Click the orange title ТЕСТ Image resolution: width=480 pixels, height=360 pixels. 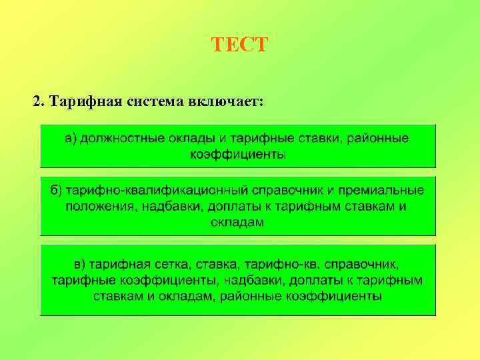coord(239,45)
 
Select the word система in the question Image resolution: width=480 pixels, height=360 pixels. coord(149,101)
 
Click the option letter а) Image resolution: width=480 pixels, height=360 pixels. coord(71,138)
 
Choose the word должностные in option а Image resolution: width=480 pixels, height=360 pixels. coord(115,138)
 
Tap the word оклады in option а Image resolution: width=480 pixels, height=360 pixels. coord(183,138)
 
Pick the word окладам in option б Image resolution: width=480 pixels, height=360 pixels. coord(237,222)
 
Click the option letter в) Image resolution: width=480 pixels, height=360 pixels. coord(81,263)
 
